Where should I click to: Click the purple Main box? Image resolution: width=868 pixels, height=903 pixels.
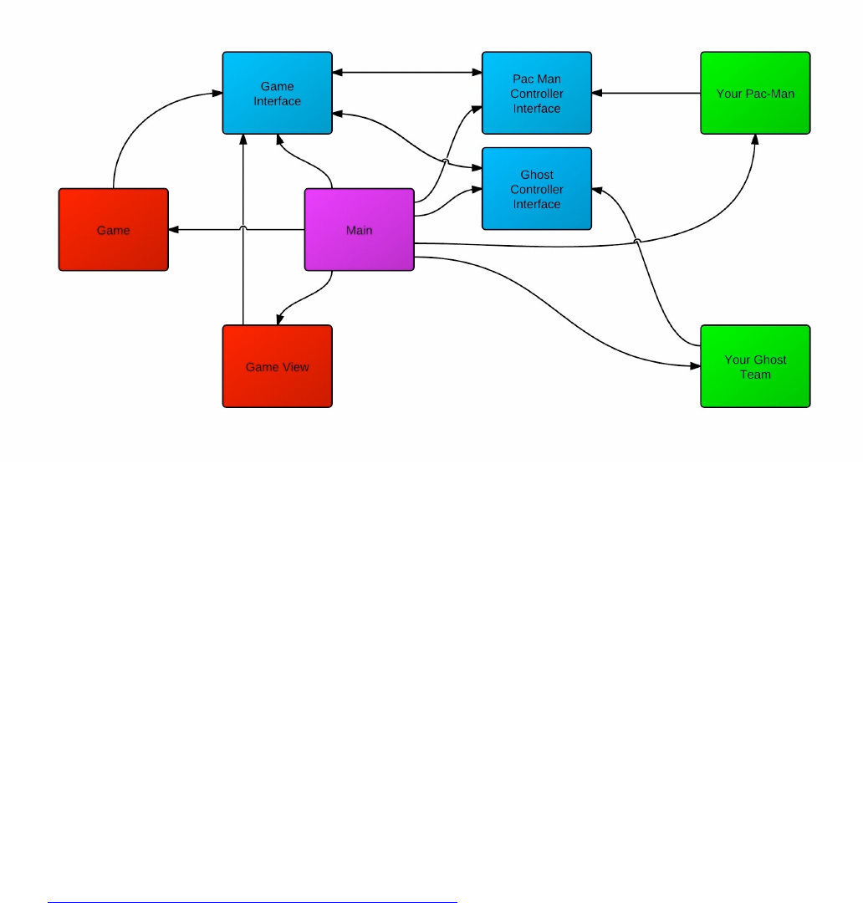coord(359,230)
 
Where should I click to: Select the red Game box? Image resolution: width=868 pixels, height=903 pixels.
coord(113,230)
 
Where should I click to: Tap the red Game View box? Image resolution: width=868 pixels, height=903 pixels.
coord(277,366)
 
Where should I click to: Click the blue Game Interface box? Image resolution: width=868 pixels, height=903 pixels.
coord(277,93)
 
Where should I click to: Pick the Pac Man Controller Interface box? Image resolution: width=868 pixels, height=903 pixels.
coord(537,93)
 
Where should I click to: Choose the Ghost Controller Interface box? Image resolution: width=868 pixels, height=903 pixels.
coord(537,189)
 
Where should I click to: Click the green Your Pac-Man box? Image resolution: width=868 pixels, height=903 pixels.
coord(755,93)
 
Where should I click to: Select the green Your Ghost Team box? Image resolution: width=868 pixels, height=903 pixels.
coord(755,366)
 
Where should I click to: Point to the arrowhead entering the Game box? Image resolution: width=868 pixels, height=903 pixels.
coord(174,230)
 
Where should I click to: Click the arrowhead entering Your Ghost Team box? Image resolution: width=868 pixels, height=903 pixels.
coord(694,366)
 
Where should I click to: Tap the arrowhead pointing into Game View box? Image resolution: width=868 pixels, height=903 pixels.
coord(281,320)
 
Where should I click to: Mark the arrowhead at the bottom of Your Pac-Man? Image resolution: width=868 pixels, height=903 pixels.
coord(755,140)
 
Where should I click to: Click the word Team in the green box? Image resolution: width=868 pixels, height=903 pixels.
coord(755,375)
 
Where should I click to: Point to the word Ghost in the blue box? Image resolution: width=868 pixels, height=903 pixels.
coord(537,175)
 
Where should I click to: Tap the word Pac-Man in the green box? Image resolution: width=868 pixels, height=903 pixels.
coord(770,94)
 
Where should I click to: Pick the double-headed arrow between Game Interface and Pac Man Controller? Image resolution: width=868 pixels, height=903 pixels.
coord(407,73)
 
